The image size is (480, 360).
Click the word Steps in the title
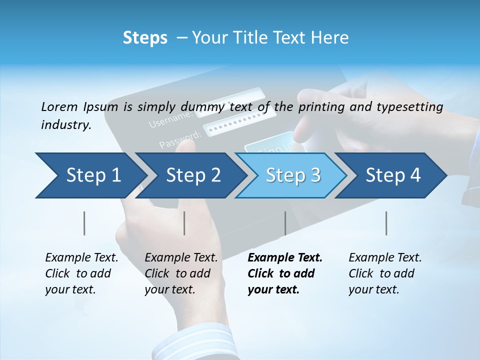pos(145,38)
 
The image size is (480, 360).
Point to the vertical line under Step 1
pos(84,223)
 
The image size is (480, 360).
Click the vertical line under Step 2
pos(184,223)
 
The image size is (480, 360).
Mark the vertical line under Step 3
pos(285,223)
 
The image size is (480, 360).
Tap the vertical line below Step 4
pos(386,223)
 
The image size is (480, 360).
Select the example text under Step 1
pos(81,273)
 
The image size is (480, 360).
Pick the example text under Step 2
pos(181,273)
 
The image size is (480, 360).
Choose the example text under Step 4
pos(385,273)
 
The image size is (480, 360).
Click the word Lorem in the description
pos(59,106)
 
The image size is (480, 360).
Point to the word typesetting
pos(413,107)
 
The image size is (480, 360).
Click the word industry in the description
pos(65,125)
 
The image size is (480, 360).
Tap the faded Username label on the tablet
pos(170,119)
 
